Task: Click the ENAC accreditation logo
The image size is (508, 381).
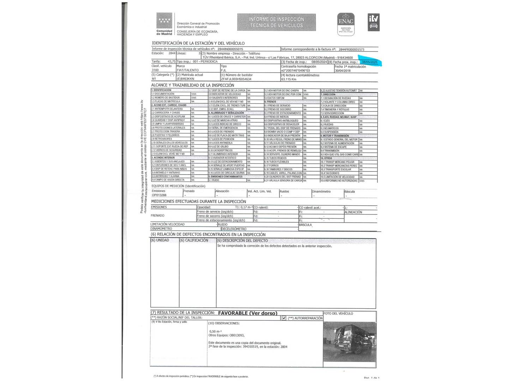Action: [346, 24]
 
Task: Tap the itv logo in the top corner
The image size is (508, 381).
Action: [374, 22]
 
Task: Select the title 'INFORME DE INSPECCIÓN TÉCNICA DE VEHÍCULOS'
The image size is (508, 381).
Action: [276, 22]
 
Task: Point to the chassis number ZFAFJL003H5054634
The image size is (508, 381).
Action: [236, 79]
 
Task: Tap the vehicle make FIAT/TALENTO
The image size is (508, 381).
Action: [187, 70]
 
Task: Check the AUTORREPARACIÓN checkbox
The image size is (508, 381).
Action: [284, 318]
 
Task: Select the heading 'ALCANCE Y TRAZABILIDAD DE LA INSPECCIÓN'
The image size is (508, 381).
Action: [193, 85]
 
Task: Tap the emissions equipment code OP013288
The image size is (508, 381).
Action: [159, 195]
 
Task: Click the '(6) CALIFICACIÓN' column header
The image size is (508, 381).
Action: [194, 240]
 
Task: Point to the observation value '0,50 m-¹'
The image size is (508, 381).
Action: [215, 331]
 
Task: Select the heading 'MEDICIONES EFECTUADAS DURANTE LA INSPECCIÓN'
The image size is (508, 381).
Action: [199, 201]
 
